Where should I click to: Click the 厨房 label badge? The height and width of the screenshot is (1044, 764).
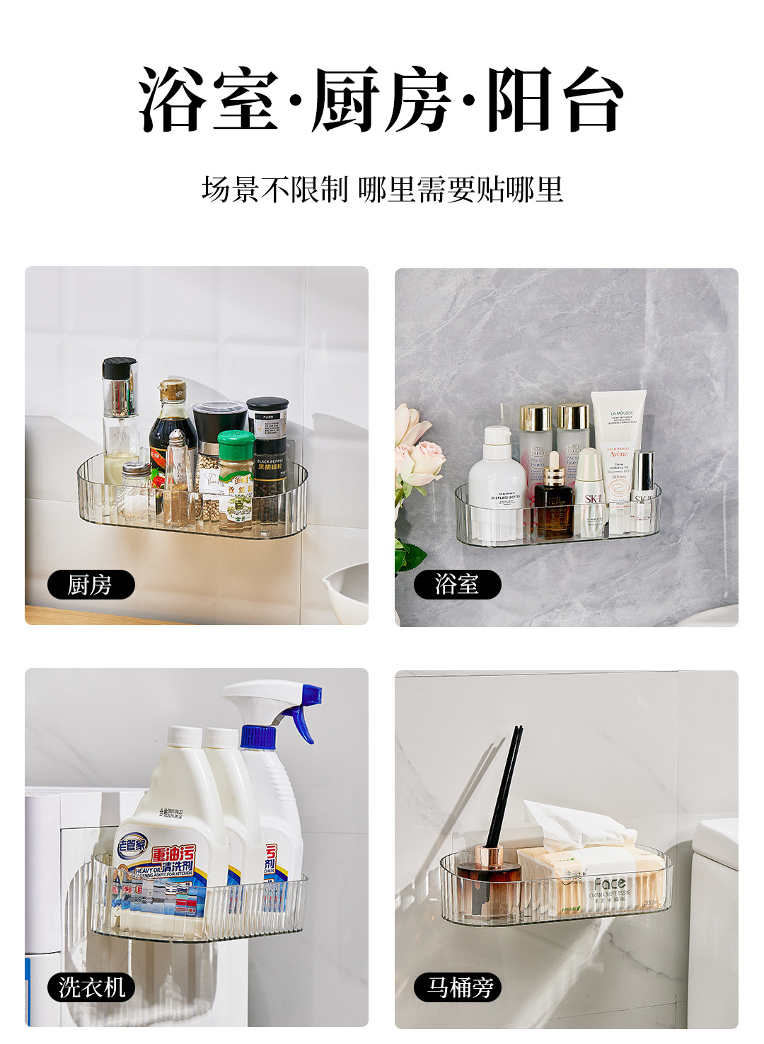coord(91,585)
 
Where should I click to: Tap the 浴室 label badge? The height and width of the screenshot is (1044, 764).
coord(457,585)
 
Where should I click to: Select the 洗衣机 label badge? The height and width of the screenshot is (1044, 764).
coord(91,987)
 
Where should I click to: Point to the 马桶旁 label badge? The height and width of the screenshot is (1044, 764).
coord(458,987)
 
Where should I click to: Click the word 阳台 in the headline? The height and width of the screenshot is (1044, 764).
coord(555,99)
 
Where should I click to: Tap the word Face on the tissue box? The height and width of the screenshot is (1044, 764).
coord(609,883)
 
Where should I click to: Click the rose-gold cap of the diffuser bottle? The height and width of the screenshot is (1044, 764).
coord(489,857)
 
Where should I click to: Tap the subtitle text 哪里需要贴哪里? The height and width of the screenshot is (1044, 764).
coord(461,190)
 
